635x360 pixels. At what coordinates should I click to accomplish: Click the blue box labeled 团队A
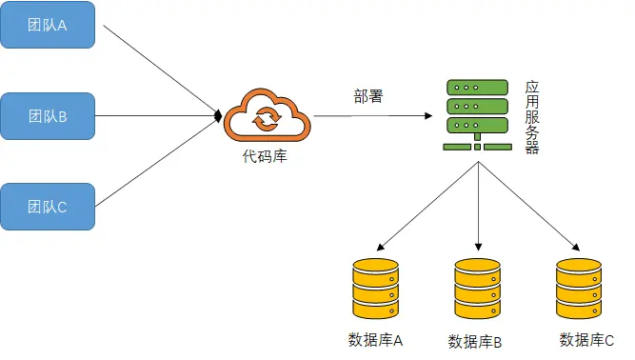click(x=48, y=26)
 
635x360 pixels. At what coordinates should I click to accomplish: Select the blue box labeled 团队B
click(x=48, y=116)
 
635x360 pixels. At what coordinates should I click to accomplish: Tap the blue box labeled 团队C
click(x=48, y=207)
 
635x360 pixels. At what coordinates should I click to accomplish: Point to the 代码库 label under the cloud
click(x=265, y=157)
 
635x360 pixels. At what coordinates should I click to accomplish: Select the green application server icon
click(x=476, y=114)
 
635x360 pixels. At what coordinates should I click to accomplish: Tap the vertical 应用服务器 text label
click(x=532, y=117)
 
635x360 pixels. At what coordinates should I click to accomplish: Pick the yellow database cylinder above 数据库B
click(x=477, y=290)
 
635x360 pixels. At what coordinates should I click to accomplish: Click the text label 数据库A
click(x=377, y=339)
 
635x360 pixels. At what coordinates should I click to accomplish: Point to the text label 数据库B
click(x=475, y=341)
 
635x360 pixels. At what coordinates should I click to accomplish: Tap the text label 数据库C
click(x=586, y=339)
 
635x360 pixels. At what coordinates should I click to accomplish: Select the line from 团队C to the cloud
click(x=157, y=163)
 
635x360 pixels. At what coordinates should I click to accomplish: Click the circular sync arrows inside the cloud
click(x=265, y=119)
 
